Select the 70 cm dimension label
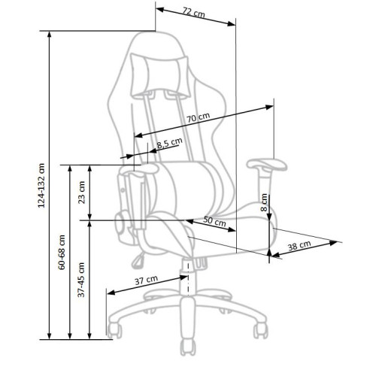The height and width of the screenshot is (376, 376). pos(198,118)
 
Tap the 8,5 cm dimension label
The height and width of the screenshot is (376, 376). pos(169,144)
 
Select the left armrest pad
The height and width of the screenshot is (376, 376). pos(140,175)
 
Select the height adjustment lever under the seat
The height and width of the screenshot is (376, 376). pos(138,260)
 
